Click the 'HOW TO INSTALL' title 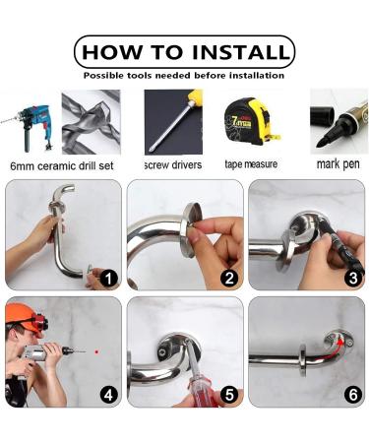(184, 50)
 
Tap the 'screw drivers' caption (173, 164)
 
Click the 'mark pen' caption (339, 163)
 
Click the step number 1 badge (107, 279)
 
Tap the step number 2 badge (229, 279)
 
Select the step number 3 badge (350, 279)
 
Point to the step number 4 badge (107, 396)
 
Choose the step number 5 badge (229, 396)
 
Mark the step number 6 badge (350, 396)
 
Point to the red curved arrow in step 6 (340, 341)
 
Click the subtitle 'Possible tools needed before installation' (184, 75)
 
